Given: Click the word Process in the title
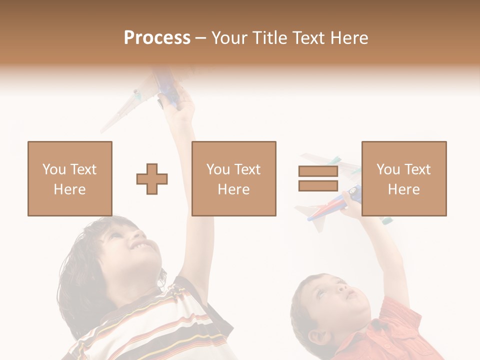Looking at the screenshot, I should pos(157,38).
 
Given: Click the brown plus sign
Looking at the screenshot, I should pos(152,179).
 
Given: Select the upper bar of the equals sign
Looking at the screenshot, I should pos(318,171).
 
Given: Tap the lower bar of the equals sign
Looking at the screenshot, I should pos(318,186).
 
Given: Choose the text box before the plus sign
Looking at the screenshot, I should pos(70,178).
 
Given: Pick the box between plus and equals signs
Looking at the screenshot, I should pos(234,178).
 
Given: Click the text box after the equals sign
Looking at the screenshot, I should pos(404,178).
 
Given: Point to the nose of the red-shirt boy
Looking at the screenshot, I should pos(341,288).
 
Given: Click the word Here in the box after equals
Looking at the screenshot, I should pos(403,189).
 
